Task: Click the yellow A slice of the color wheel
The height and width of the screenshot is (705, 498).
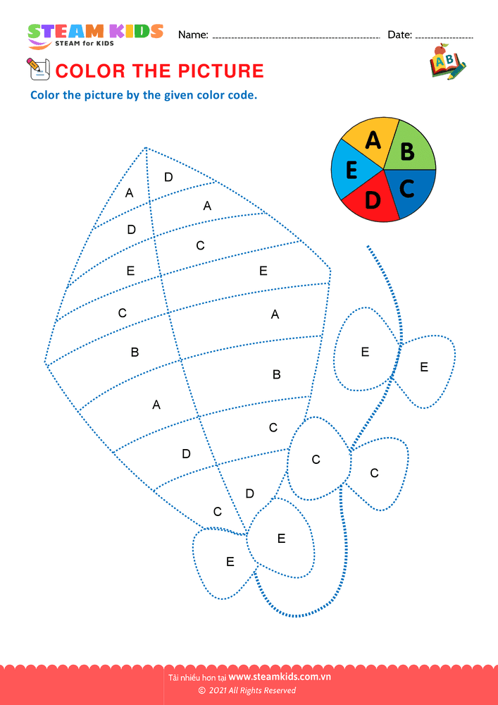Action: pos(371,142)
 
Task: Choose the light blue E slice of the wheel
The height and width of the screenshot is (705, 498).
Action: pos(350,170)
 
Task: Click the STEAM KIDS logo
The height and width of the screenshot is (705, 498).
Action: pos(95,35)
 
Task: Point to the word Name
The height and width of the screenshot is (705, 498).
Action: pos(193,35)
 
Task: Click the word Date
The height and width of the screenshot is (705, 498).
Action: pos(399,35)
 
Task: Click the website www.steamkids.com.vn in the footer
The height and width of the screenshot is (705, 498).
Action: pos(280,678)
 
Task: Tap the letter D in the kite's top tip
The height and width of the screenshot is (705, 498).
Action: pos(168,177)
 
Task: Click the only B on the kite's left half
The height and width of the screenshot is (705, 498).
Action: pos(135,352)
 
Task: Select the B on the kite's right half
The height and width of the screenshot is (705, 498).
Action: pos(277,374)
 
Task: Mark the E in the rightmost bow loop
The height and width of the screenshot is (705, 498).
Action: pos(424,367)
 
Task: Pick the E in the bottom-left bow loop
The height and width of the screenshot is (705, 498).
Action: pos(230,562)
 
